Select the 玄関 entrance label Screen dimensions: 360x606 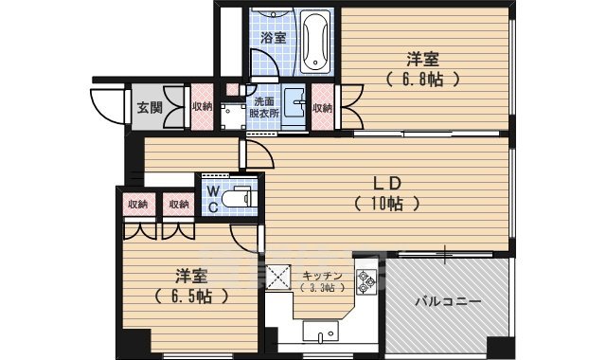[147, 107]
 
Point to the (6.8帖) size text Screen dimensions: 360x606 [423, 80]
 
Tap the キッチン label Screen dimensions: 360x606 [325, 276]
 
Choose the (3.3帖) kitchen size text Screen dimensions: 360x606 [321, 288]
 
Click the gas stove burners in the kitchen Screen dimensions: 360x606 [366, 283]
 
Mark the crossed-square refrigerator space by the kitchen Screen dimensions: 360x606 [280, 279]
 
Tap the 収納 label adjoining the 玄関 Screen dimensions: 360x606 [201, 107]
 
